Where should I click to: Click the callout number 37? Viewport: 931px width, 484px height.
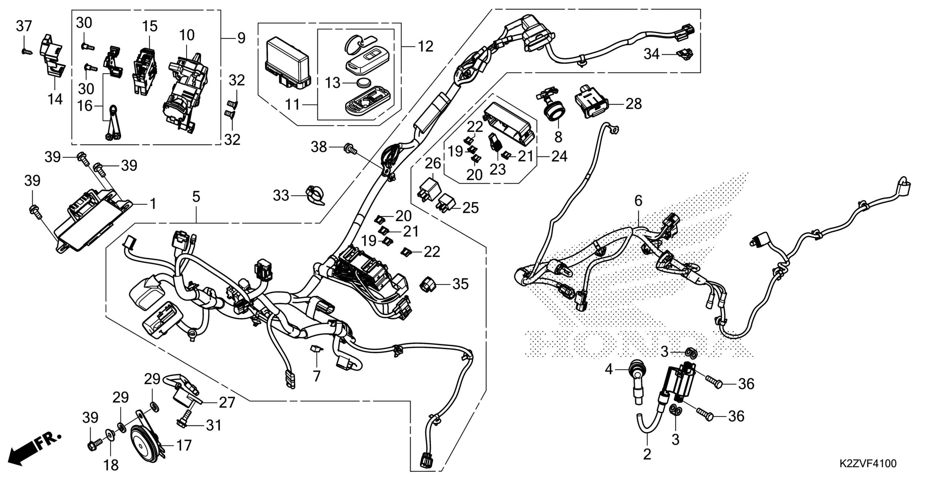24,27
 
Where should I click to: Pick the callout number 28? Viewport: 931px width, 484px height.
634,104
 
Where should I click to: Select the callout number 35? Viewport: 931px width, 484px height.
460,284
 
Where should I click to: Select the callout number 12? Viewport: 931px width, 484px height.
425,47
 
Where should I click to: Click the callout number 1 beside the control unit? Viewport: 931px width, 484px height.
153,204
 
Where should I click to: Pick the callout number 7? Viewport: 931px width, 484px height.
317,376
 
